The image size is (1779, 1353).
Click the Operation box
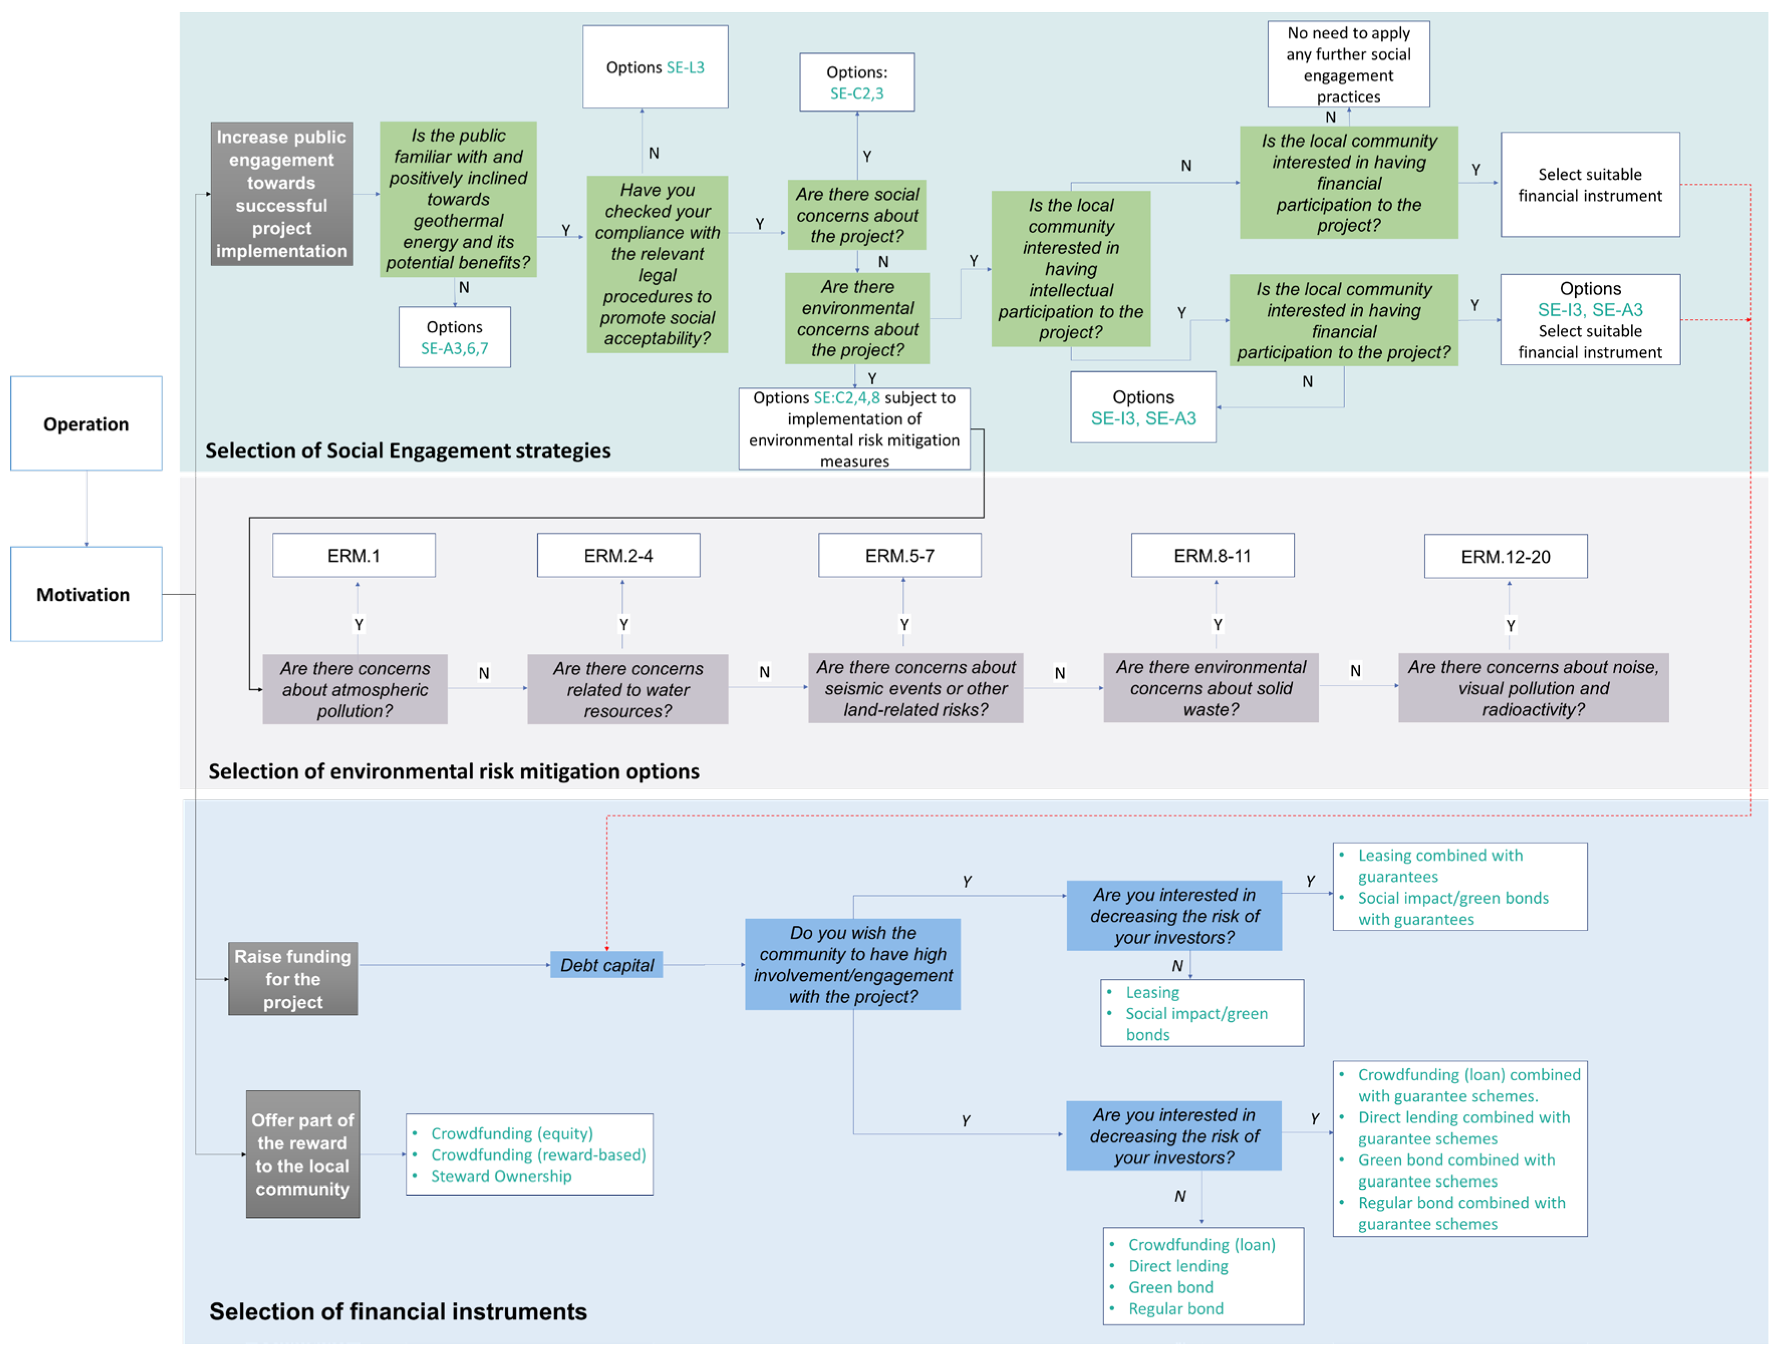[x=86, y=424]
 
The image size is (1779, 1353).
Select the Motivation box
[x=86, y=594]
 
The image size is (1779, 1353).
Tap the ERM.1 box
[x=354, y=556]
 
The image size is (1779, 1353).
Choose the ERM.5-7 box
[x=900, y=556]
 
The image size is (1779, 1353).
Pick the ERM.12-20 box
[x=1506, y=557]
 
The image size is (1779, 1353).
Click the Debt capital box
[x=607, y=965]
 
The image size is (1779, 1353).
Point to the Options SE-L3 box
[x=655, y=67]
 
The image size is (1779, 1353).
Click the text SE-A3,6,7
[x=455, y=349]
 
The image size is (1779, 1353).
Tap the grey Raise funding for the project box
[x=292, y=978]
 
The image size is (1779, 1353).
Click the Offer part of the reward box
[x=303, y=1154]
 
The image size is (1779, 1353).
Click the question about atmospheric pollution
[x=355, y=690]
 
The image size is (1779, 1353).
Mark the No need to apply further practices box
[x=1348, y=64]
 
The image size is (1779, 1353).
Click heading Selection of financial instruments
[x=398, y=1311]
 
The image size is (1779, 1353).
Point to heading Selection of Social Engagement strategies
[x=408, y=450]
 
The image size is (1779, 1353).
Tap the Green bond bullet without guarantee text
[x=1170, y=1287]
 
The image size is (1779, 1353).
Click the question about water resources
[x=628, y=690]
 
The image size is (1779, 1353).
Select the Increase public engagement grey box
[x=281, y=194]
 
